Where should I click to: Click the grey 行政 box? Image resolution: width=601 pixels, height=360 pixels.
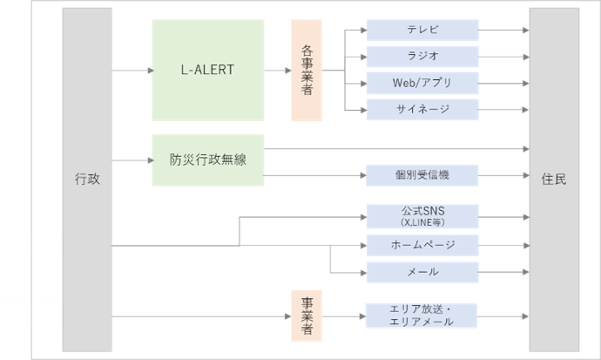click(88, 179)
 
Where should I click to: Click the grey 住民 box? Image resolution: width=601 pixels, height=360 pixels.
click(553, 179)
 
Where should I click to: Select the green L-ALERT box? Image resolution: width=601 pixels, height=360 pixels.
click(208, 70)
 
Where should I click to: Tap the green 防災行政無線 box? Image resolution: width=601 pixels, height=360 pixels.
click(208, 160)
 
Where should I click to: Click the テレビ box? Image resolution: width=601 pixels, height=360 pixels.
click(422, 30)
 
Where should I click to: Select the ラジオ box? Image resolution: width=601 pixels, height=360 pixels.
click(422, 57)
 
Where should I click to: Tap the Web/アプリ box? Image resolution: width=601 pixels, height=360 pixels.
click(422, 84)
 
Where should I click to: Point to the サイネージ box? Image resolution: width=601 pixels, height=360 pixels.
click(422, 110)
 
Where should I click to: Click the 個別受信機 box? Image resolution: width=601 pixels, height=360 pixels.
click(422, 175)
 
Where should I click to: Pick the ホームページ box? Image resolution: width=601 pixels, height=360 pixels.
click(422, 245)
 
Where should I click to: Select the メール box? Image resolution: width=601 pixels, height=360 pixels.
click(422, 272)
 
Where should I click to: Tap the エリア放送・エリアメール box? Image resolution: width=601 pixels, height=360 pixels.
click(422, 316)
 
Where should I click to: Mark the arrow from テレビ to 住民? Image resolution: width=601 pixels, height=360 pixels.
click(504, 30)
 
